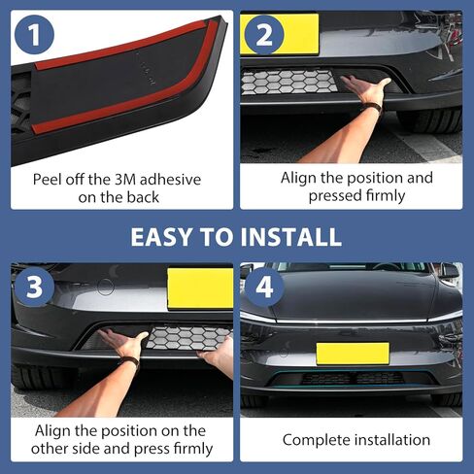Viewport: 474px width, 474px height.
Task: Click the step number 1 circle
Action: click(x=37, y=37)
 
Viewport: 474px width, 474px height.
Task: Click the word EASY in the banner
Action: click(x=166, y=237)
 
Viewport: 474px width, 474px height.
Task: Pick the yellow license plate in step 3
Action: click(x=199, y=288)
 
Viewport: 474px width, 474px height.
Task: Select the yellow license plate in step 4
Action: click(x=352, y=353)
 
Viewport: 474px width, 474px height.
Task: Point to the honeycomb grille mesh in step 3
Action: click(x=185, y=341)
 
